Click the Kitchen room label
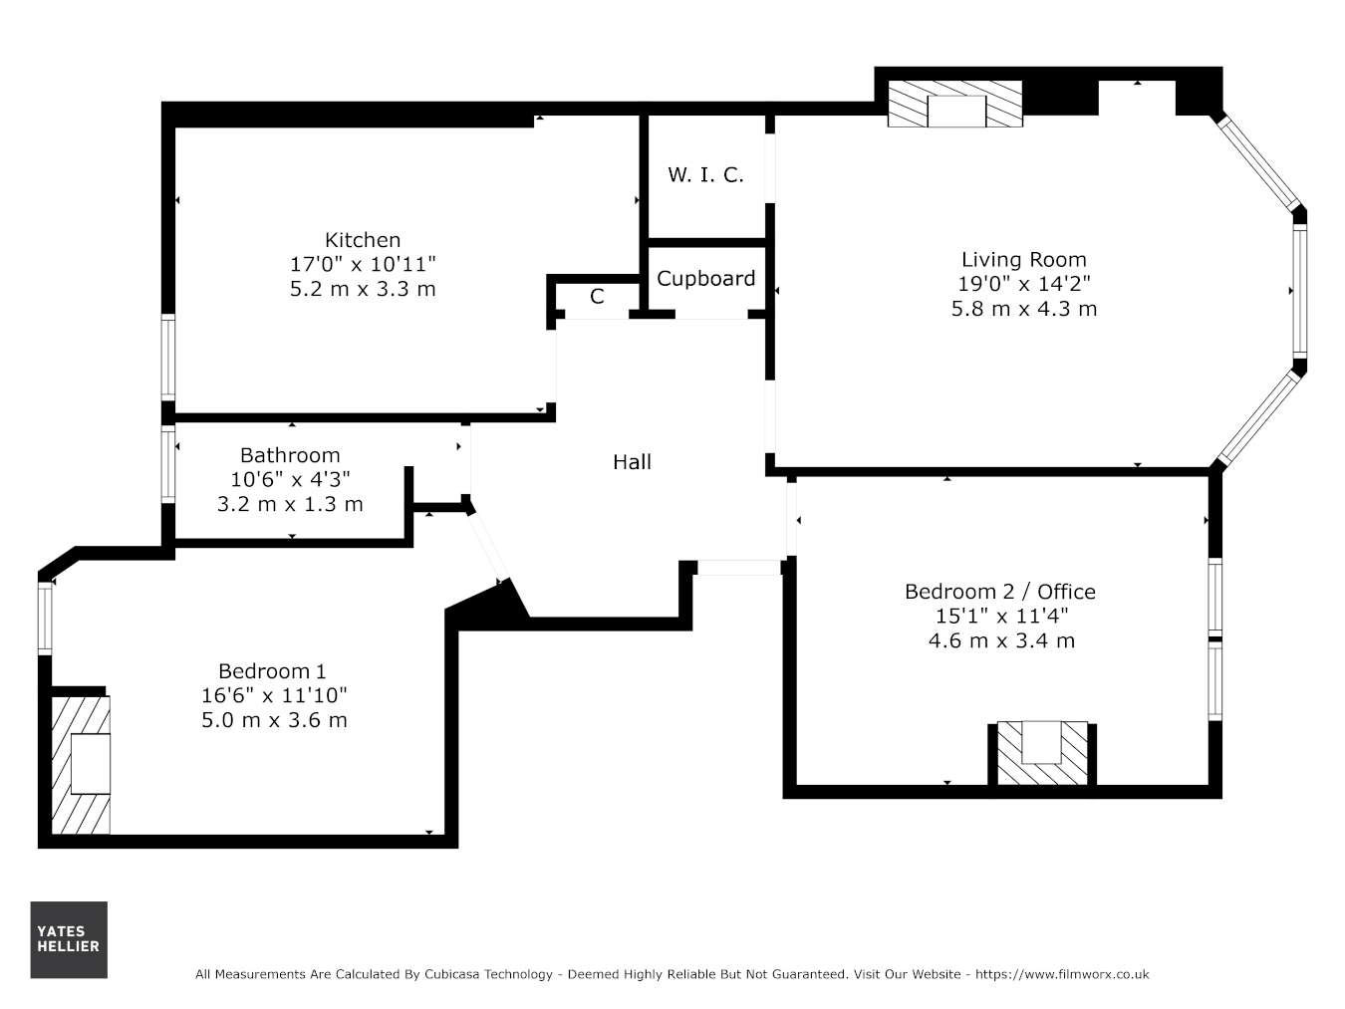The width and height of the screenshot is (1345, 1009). [x=362, y=239]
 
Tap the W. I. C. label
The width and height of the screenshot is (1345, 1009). [x=705, y=175]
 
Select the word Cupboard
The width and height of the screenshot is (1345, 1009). [x=705, y=279]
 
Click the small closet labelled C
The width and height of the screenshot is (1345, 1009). [x=596, y=297]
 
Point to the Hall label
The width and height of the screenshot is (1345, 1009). [x=632, y=462]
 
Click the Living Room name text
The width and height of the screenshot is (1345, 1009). [x=1023, y=260]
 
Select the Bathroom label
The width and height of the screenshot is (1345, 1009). [x=290, y=455]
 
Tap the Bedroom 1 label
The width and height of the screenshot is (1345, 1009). [x=272, y=671]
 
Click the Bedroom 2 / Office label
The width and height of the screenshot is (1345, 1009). [x=1000, y=592]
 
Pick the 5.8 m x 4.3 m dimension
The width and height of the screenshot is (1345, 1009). [x=1023, y=309]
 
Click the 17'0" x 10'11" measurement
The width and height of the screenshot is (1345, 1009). [x=362, y=264]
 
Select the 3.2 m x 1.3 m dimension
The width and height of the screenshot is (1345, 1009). [x=290, y=504]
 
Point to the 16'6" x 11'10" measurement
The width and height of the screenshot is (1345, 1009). [x=274, y=695]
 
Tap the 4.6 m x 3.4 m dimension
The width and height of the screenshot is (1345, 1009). [x=1001, y=640]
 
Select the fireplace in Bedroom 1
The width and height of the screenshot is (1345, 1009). [x=81, y=765]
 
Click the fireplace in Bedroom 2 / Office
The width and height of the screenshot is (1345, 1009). [x=1042, y=753]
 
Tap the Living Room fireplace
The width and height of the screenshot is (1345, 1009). [x=955, y=105]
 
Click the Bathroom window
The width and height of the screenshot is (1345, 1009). [x=168, y=464]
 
